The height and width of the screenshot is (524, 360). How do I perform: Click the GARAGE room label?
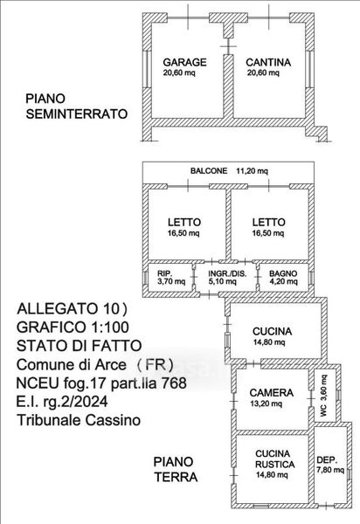(184, 62)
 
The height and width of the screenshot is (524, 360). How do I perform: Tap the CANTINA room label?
(268, 62)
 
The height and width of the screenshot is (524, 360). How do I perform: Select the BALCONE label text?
(209, 171)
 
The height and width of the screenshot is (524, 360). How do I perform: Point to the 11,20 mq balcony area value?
(252, 171)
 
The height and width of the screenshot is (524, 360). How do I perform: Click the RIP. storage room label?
(165, 273)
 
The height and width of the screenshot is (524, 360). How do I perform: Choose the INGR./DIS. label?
(227, 273)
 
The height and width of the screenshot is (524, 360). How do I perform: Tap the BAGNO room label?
(283, 273)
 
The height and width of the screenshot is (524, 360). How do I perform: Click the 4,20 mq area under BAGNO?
(283, 281)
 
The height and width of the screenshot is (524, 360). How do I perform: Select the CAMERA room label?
(272, 393)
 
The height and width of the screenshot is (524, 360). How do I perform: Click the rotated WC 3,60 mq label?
(323, 396)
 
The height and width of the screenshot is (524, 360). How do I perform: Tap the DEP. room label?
(327, 459)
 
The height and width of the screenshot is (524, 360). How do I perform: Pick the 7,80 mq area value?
(330, 470)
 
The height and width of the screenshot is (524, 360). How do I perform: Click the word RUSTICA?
(274, 465)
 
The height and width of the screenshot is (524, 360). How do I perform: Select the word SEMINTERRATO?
(77, 114)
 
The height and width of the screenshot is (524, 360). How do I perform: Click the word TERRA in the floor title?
(176, 477)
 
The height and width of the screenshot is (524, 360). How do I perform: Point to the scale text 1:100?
(109, 327)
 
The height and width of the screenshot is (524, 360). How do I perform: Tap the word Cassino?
(113, 420)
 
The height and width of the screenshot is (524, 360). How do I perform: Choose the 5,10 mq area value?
(223, 281)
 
